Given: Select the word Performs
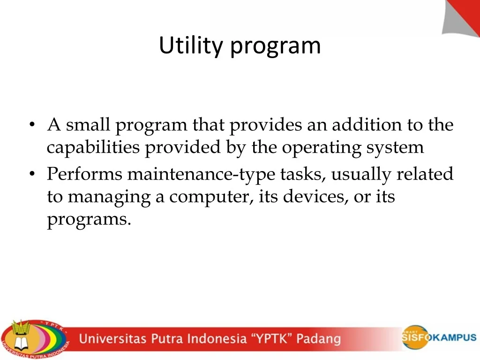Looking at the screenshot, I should [x=84, y=174].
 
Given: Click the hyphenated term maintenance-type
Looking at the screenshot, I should [x=201, y=174].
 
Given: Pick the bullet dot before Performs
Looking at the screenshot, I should [x=32, y=174].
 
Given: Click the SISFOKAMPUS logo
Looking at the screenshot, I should [x=438, y=337].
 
